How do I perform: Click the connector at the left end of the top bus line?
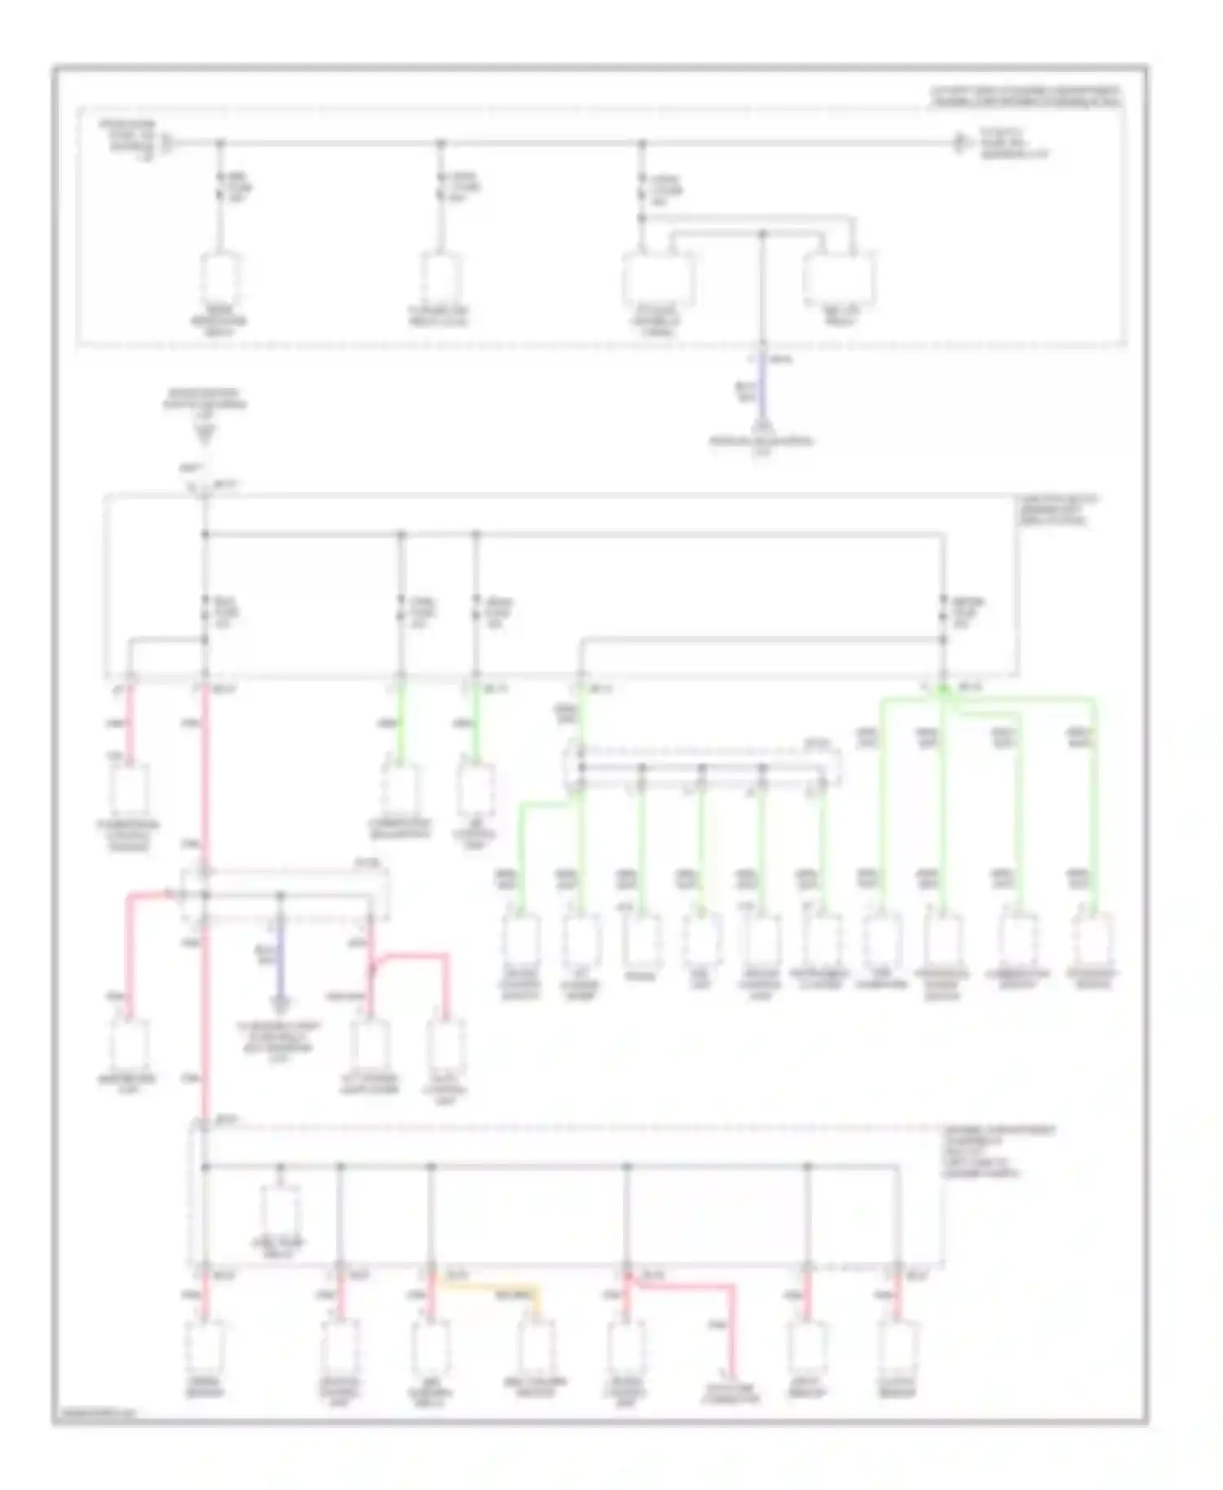click(x=166, y=144)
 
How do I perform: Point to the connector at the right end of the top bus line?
click(x=961, y=144)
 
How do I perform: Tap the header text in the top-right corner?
click(x=1026, y=96)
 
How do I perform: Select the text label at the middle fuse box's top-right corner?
click(x=1057, y=510)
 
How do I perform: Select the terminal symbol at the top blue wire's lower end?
click(x=762, y=426)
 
